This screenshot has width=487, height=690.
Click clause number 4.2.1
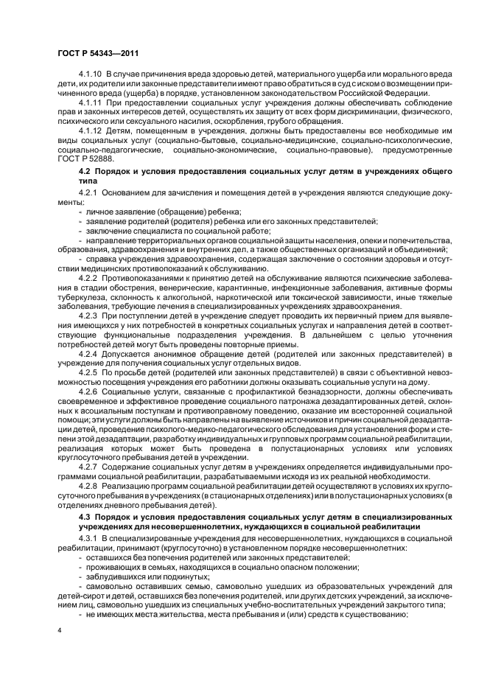88,192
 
